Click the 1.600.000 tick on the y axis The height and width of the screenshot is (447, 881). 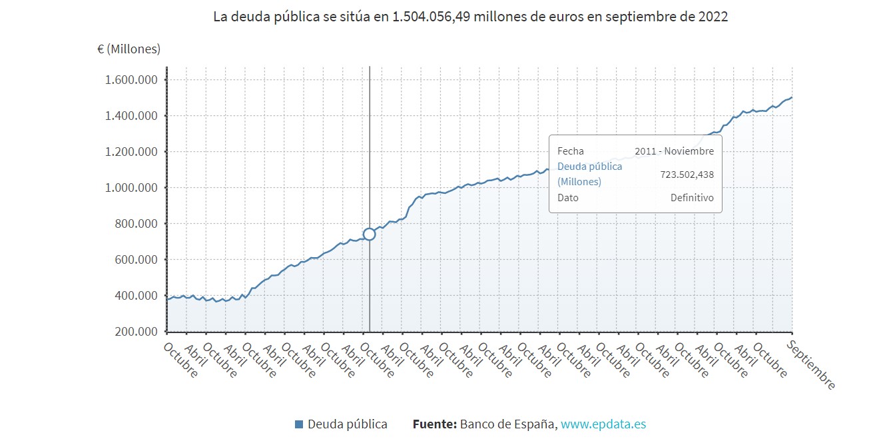(131, 80)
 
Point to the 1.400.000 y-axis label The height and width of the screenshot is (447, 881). (131, 116)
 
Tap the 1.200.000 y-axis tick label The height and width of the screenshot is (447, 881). (131, 152)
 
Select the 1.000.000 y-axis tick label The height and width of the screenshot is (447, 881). (131, 188)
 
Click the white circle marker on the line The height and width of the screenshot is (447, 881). (370, 234)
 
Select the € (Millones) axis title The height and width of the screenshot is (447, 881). (129, 49)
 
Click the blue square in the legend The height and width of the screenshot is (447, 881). (299, 424)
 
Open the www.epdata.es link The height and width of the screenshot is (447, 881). (603, 424)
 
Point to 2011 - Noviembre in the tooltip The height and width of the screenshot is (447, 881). (674, 151)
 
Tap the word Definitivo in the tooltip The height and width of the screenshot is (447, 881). (691, 198)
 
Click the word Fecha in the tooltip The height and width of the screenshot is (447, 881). (570, 151)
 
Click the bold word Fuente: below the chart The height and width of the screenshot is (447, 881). (434, 424)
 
